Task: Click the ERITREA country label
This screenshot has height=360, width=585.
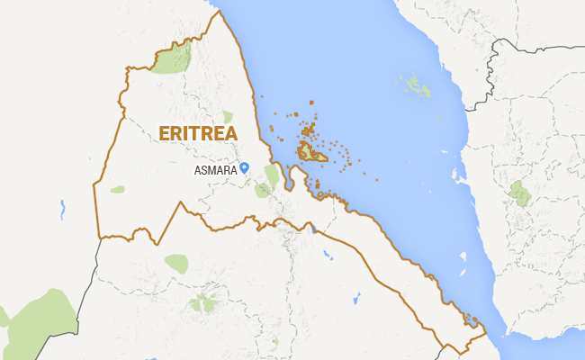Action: [x=198, y=133]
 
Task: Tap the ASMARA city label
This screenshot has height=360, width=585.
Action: [x=215, y=169]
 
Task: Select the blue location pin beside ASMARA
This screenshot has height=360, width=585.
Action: [x=244, y=166]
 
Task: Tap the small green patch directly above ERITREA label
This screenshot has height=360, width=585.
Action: [x=228, y=116]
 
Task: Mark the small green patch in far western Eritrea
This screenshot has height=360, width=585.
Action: [x=118, y=190]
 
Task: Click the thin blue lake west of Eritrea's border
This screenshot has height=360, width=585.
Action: [x=62, y=210]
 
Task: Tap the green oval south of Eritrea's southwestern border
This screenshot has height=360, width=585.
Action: [x=176, y=263]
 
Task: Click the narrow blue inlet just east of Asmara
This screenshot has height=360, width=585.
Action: [x=289, y=180]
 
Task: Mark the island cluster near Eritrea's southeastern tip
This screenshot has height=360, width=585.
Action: [x=470, y=319]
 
